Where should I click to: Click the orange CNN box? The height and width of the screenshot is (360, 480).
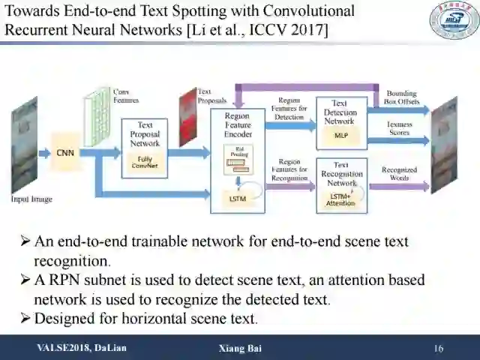pyautogui.click(x=64, y=153)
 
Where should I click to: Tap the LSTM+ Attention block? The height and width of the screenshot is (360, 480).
pyautogui.click(x=340, y=199)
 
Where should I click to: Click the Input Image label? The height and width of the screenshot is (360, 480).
pyautogui.click(x=31, y=199)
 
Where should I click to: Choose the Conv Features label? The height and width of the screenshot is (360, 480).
pyautogui.click(x=125, y=94)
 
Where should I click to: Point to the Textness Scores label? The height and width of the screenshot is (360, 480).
pyautogui.click(x=399, y=128)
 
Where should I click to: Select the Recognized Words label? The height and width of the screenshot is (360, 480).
pyautogui.click(x=399, y=174)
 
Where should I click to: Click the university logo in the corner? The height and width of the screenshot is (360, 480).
pyautogui.click(x=454, y=20)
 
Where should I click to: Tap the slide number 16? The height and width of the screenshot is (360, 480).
pyautogui.click(x=439, y=349)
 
